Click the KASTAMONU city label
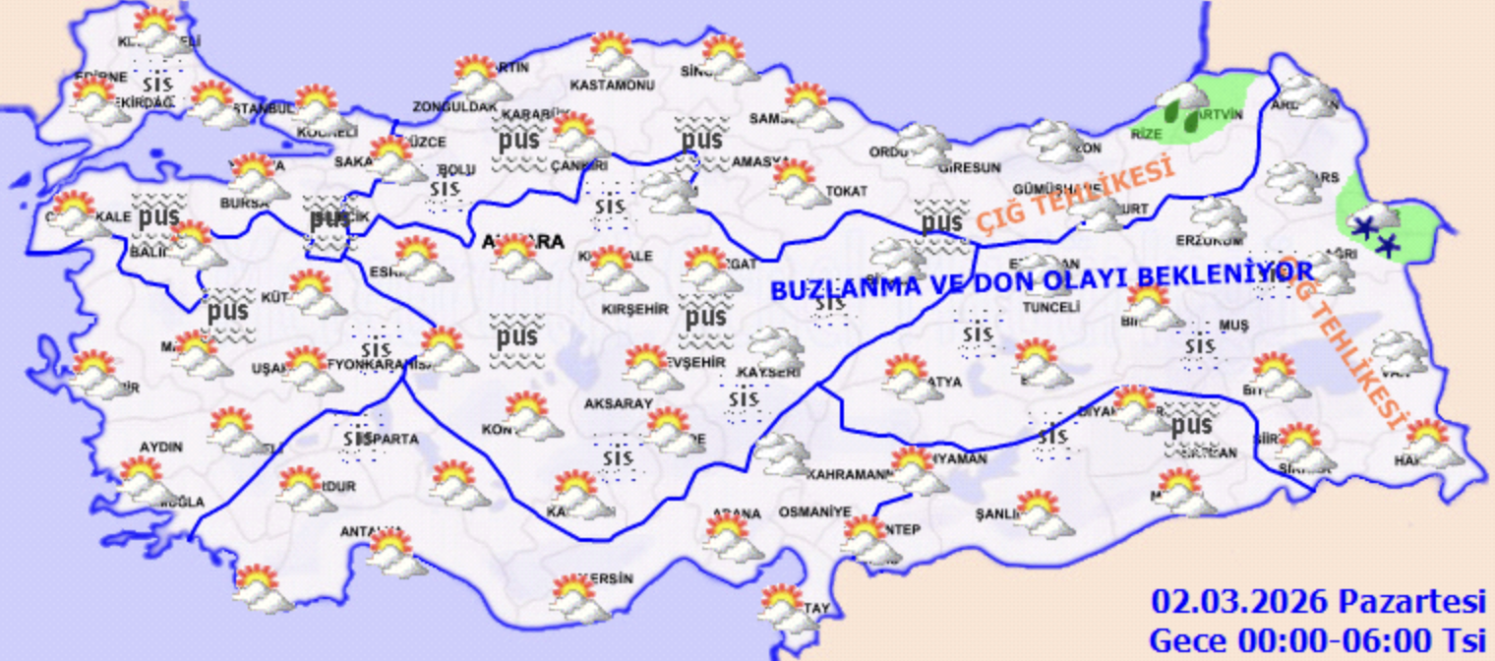[x=613, y=87]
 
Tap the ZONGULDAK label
[x=453, y=105]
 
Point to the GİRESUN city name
[x=970, y=167]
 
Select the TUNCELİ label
[x=1051, y=307]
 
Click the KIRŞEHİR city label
[x=634, y=309]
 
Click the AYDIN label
[x=161, y=447]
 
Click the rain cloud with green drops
[x=1183, y=105]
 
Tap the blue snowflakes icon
[x=1374, y=234]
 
